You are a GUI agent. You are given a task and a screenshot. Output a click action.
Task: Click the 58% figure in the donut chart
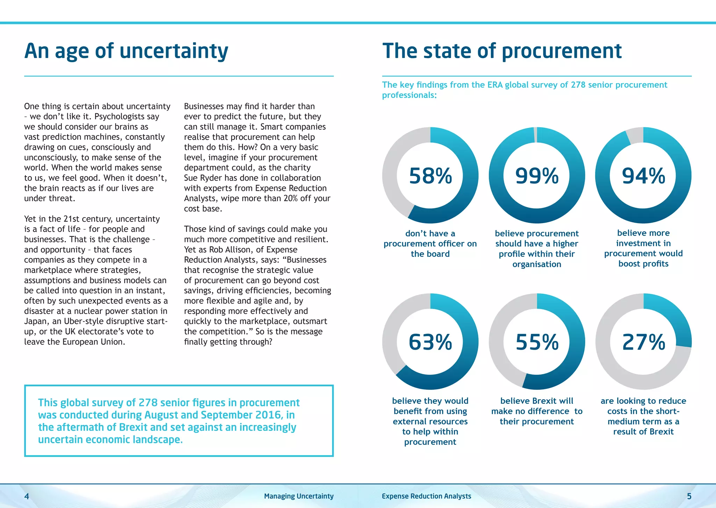430,176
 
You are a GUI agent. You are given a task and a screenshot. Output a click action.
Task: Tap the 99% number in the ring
537,176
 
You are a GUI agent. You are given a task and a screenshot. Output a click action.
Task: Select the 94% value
643,176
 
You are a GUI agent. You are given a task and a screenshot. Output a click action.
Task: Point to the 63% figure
430,342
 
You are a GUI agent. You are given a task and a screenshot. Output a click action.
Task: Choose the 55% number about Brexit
537,342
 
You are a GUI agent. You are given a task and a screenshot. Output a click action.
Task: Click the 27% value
643,342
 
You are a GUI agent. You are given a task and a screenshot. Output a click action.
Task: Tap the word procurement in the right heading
561,51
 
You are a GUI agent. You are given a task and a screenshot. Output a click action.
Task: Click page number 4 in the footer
27,496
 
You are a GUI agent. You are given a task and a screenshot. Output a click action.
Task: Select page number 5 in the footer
689,496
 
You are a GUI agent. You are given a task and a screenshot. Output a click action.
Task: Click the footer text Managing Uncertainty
299,496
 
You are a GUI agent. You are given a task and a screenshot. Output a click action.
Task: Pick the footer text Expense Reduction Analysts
427,496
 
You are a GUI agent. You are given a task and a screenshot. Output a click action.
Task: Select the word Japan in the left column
35,321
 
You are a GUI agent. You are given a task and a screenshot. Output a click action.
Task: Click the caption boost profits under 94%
643,264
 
